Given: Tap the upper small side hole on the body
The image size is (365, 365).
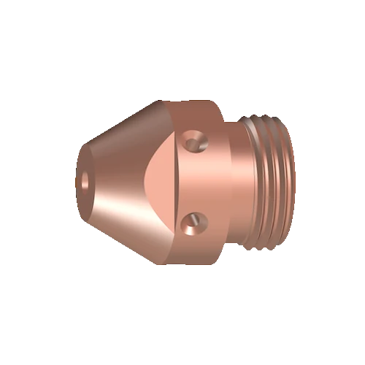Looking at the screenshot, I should (x=193, y=139).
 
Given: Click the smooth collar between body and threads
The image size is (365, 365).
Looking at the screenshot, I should (x=235, y=180).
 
